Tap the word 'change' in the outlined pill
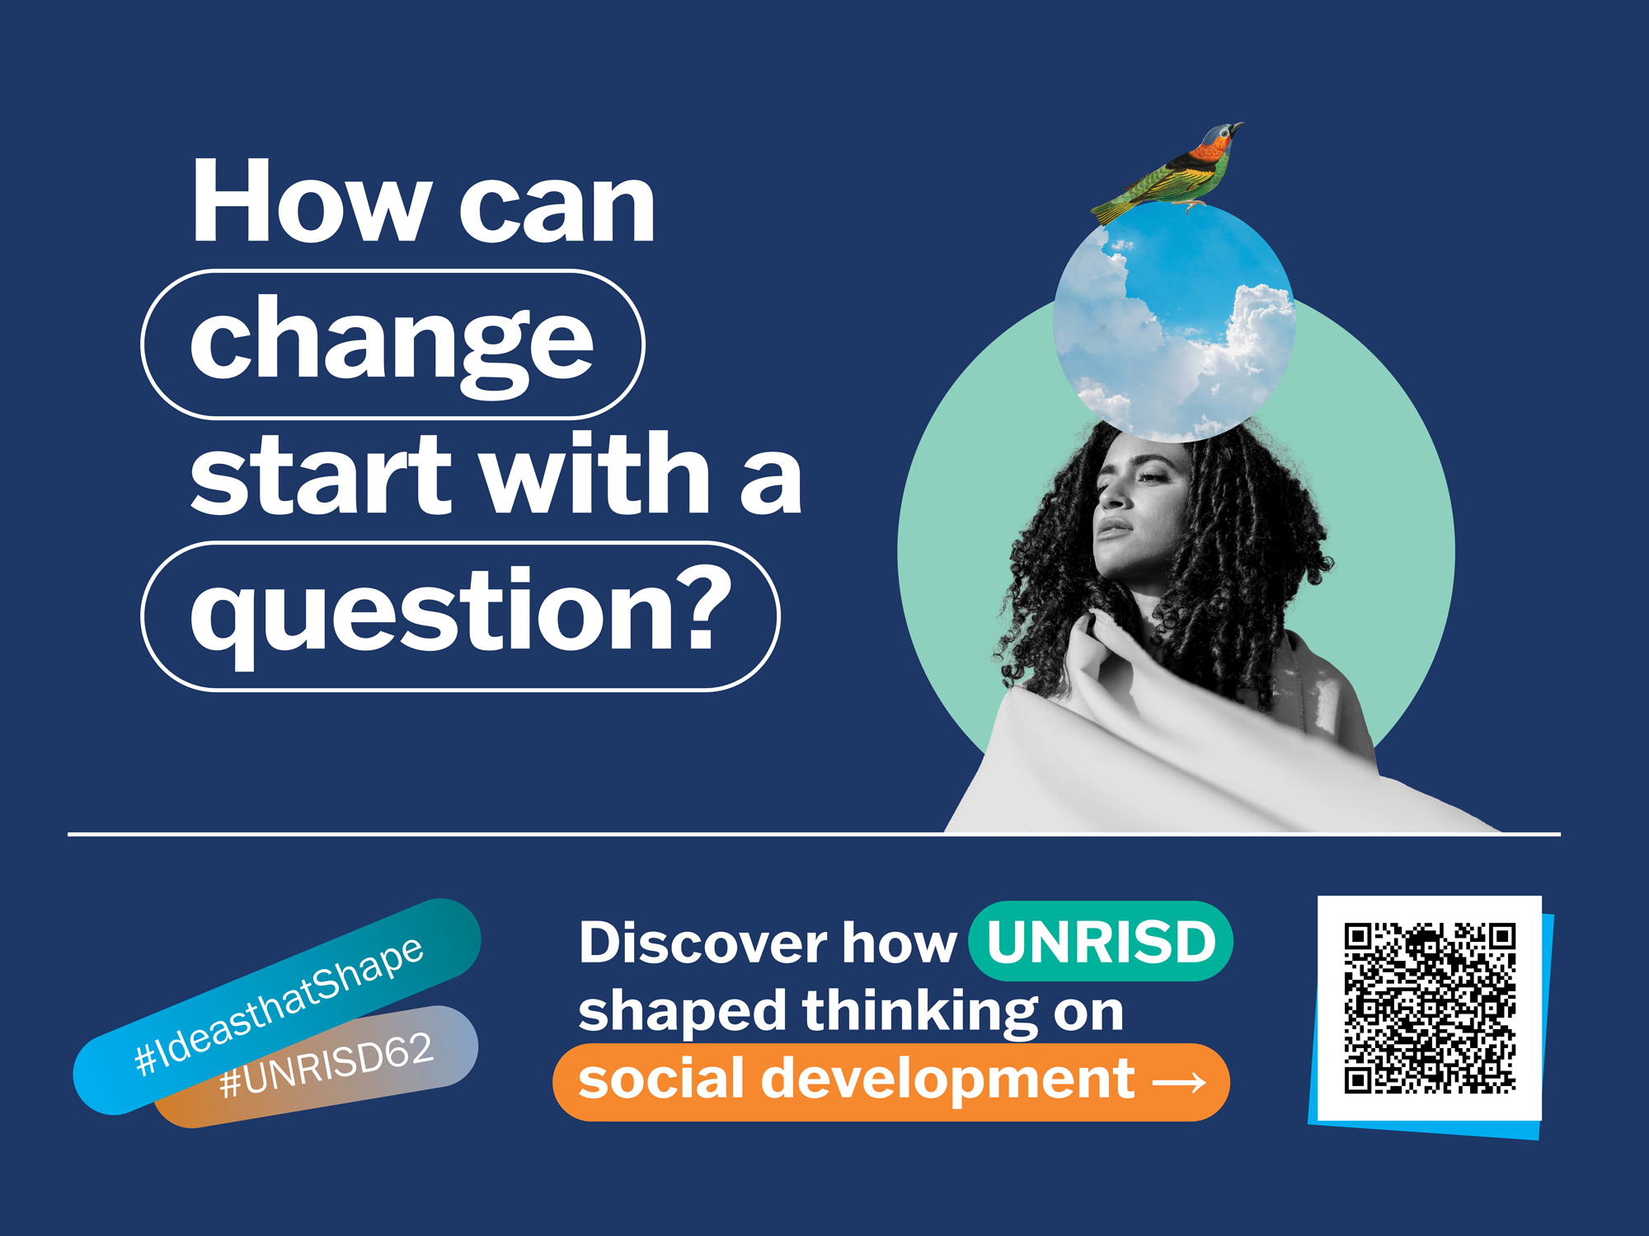click(392, 344)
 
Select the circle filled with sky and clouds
click(1174, 321)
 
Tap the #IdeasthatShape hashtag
click(279, 1006)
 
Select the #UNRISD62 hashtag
click(327, 1065)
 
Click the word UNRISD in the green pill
click(1102, 941)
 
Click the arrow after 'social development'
click(1179, 1082)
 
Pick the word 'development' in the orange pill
click(947, 1080)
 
